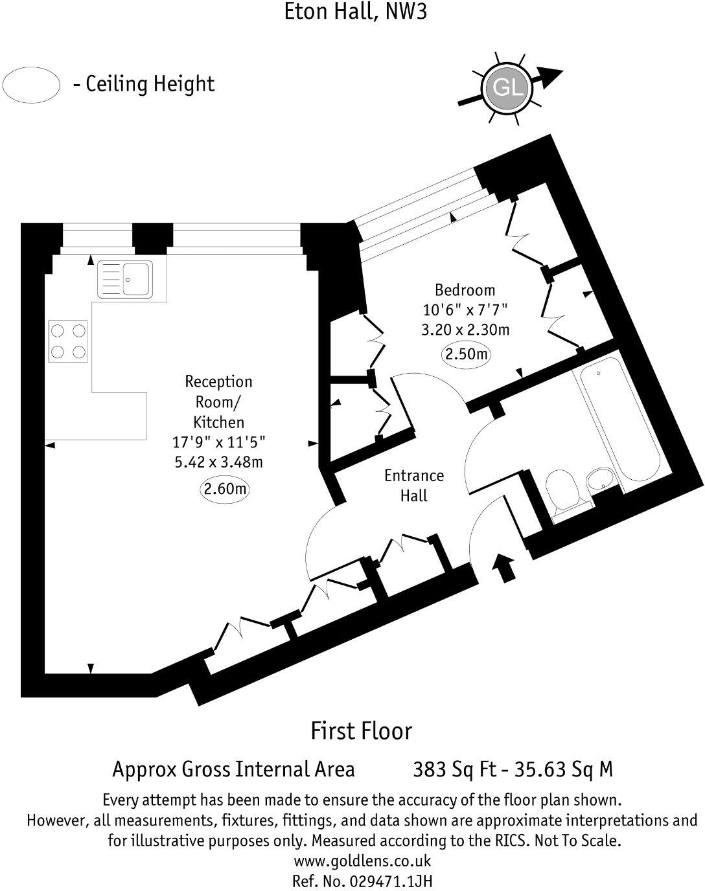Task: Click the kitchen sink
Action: [x=125, y=279]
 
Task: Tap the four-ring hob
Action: [x=68, y=341]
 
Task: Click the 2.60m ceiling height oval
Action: [x=225, y=490]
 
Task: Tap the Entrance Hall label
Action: [x=414, y=486]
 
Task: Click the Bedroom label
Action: [x=465, y=290]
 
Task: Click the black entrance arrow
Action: [x=504, y=567]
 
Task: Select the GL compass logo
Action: [x=507, y=87]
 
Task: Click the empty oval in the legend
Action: [x=31, y=85]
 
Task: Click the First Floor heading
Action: [x=361, y=730]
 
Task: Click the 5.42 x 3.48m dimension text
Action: [x=218, y=462]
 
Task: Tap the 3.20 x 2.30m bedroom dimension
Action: [x=465, y=330]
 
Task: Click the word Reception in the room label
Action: [x=218, y=381]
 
